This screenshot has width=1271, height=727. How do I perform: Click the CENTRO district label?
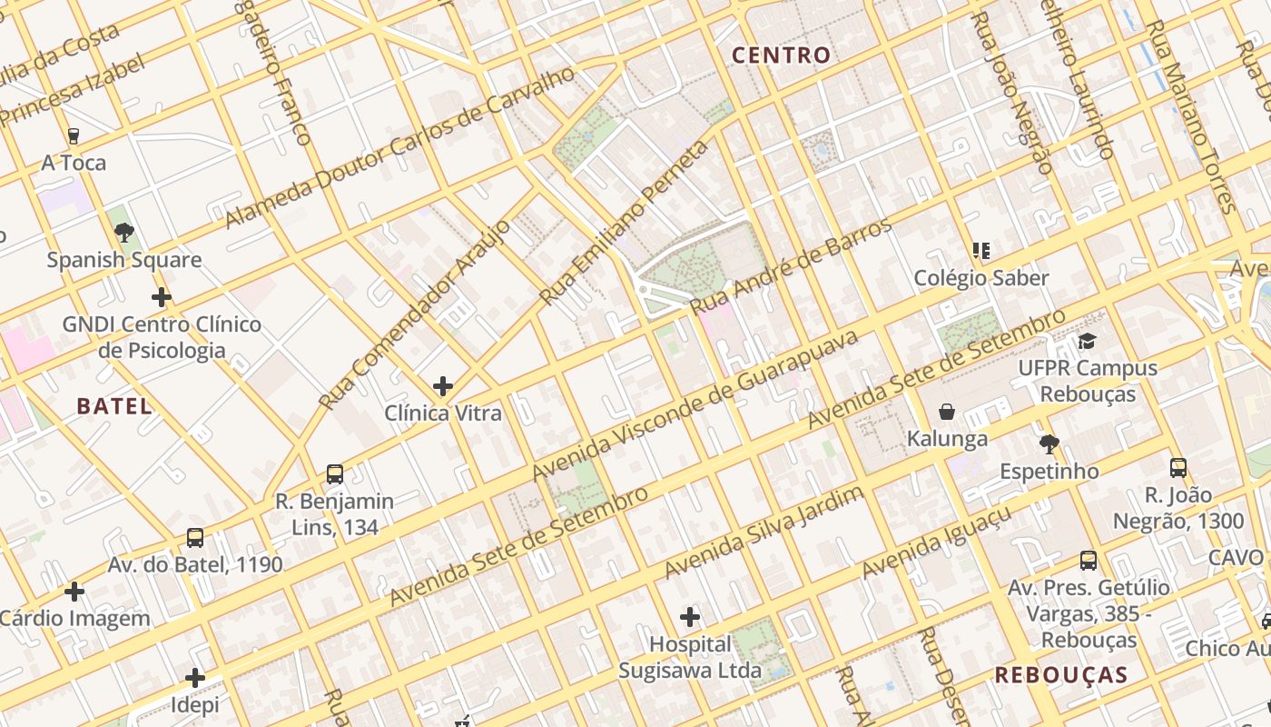click(781, 55)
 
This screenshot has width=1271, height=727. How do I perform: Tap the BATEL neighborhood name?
click(114, 406)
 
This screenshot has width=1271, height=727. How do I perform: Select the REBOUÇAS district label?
click(1060, 675)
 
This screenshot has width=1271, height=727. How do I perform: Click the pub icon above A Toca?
click(74, 136)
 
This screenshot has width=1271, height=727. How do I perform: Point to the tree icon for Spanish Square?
click(124, 233)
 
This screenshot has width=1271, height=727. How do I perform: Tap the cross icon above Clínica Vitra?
click(443, 387)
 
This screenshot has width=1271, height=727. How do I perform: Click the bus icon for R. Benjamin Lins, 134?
click(335, 474)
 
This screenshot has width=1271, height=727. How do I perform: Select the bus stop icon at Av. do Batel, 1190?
click(195, 538)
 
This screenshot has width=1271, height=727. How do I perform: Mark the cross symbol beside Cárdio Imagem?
click(74, 593)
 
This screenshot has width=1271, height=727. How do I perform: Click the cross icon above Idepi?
click(195, 678)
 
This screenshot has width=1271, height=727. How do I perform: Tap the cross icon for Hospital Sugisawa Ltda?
click(690, 618)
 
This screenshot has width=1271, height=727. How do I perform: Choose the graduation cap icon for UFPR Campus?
click(1087, 342)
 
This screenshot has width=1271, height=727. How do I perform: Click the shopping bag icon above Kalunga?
click(947, 413)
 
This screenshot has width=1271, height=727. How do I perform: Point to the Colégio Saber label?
click(981, 278)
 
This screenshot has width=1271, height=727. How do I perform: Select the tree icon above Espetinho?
click(1049, 444)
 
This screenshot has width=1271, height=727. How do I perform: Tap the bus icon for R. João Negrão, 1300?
click(1178, 469)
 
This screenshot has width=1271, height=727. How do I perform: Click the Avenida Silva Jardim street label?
click(764, 533)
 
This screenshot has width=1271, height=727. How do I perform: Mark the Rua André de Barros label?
click(791, 267)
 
